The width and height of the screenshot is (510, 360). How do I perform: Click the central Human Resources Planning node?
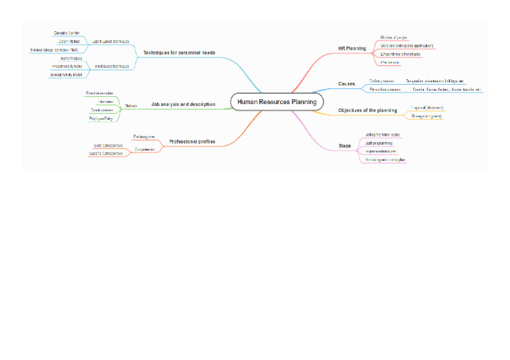tap(277, 102)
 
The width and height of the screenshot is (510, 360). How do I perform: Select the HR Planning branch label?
tap(352, 48)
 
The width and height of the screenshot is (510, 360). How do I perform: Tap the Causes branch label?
tap(346, 84)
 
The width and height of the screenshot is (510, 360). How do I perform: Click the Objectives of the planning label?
tap(367, 111)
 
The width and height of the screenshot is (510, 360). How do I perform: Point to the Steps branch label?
tap(345, 146)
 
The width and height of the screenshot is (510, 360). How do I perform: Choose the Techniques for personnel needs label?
tap(179, 53)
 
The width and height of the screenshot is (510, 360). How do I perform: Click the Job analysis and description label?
tap(183, 104)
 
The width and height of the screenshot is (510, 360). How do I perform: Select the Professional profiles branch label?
tap(192, 142)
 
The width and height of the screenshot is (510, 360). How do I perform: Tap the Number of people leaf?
tap(394, 37)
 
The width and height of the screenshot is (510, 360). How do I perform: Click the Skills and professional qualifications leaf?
tap(407, 46)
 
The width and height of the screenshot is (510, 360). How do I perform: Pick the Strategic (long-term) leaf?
tap(426, 116)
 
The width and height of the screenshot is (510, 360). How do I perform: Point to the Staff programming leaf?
tap(379, 144)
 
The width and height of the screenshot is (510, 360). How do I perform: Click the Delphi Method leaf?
tap(69, 41)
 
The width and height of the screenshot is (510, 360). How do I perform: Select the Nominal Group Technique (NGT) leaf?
tap(54, 50)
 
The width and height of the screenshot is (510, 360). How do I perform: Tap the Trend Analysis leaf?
tap(71, 58)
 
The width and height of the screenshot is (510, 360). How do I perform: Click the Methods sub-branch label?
tap(131, 106)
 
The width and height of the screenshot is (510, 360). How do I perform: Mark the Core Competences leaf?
tap(108, 145)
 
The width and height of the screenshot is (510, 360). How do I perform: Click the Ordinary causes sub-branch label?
tap(381, 81)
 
